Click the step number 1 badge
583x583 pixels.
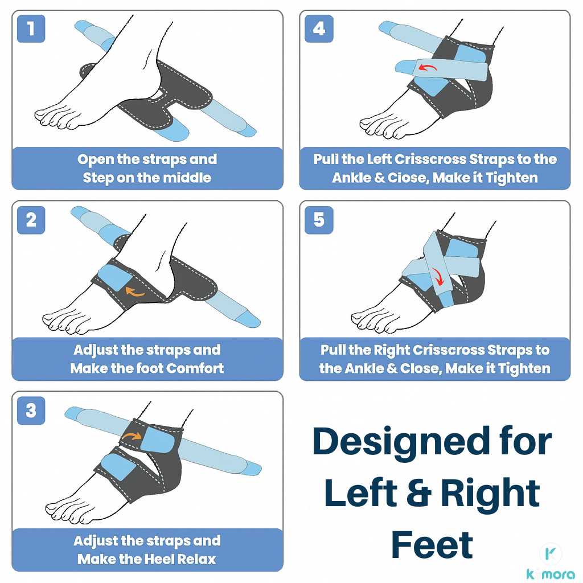31,28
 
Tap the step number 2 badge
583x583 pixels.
31,220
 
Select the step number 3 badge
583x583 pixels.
31,410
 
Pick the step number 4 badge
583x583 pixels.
319,28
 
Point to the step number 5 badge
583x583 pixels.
319,220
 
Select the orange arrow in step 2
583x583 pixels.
134,292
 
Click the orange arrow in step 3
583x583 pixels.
132,436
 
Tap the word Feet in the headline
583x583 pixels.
432,544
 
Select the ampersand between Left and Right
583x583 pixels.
419,493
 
